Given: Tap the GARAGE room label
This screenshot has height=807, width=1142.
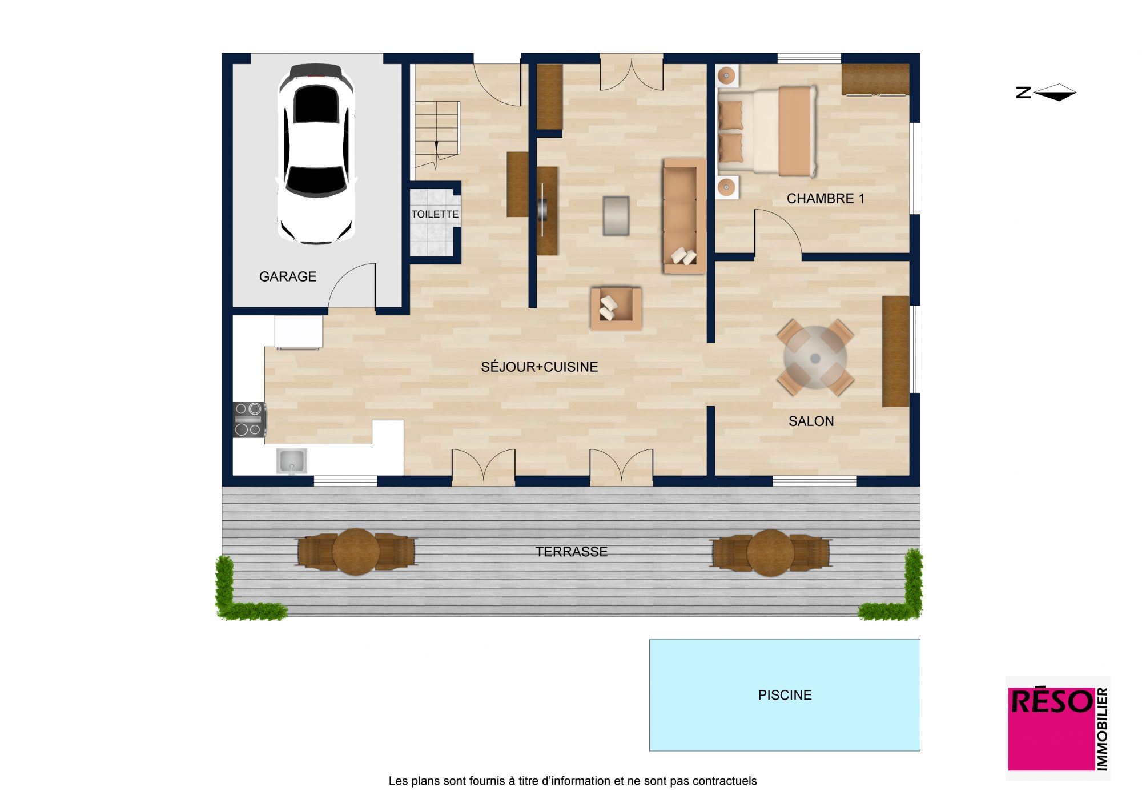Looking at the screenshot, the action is (x=288, y=276).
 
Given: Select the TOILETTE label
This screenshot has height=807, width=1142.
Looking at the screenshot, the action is (x=435, y=214).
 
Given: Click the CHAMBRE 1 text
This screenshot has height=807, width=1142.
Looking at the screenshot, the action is (x=826, y=198).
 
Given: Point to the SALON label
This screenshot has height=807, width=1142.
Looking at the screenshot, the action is (x=811, y=421).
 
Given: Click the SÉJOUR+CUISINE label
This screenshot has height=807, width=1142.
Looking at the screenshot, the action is (x=540, y=367).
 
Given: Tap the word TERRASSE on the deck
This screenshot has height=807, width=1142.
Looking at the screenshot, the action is (x=572, y=552).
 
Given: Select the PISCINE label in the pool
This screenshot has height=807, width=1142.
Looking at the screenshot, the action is (x=785, y=695).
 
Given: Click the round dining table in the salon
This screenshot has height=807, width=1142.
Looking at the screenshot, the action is (x=815, y=358).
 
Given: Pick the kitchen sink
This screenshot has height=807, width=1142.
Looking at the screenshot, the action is (x=291, y=461).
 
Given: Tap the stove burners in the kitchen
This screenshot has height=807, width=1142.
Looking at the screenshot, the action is (x=249, y=419).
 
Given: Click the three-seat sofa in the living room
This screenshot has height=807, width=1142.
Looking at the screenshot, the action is (x=684, y=216).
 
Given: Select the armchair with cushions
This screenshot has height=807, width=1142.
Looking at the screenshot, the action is (x=616, y=308).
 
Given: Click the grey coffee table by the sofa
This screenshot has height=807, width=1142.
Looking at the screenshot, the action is (x=616, y=216).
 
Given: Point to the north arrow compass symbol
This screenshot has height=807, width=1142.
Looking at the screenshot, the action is (x=1046, y=92).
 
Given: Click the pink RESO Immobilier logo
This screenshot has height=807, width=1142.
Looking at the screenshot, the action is (x=1057, y=729).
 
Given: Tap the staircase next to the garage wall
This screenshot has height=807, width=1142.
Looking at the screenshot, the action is (x=437, y=135).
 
